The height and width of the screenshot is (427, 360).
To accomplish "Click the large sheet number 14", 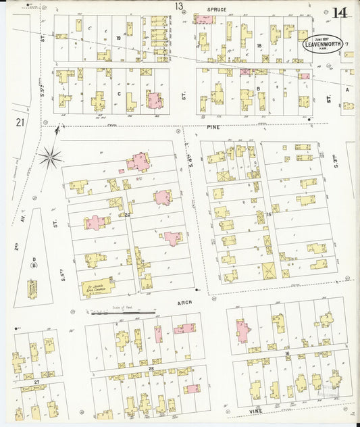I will click(339, 12).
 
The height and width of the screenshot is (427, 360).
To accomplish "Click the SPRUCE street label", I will click(217, 9).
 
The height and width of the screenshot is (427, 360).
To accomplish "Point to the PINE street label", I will click(215, 126).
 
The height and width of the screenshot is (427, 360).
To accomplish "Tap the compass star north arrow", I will click(49, 157).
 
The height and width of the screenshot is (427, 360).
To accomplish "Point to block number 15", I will click(267, 214).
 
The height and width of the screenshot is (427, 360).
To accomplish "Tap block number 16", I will click(286, 353).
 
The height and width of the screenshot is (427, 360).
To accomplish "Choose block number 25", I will click(151, 368).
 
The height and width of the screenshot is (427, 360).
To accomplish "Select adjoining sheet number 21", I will click(20, 122).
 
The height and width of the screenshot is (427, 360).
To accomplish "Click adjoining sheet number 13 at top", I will click(178, 7).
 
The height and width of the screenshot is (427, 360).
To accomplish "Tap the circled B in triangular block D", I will click(32, 265).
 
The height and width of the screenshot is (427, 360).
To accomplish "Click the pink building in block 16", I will click(242, 331).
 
